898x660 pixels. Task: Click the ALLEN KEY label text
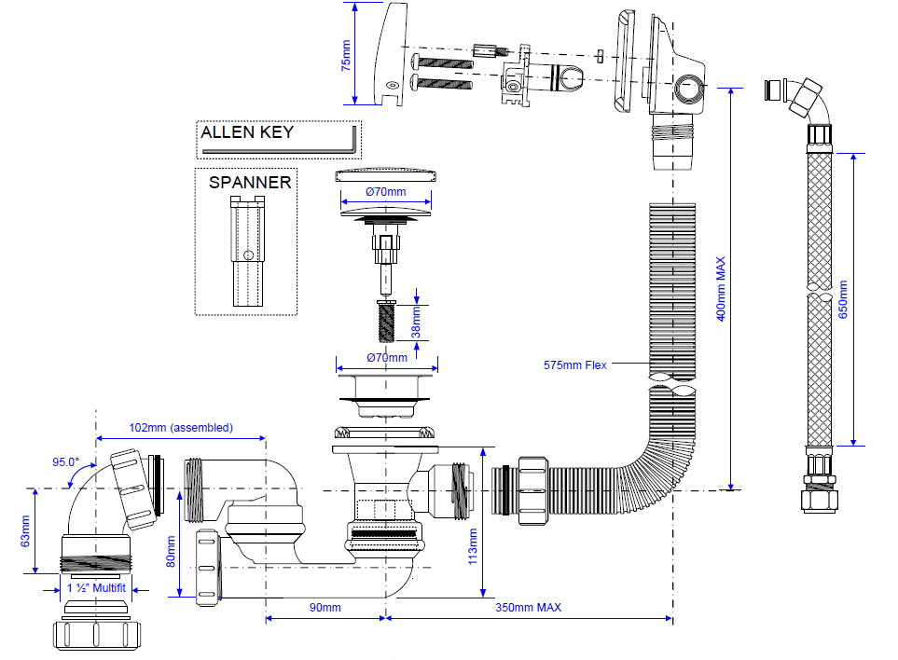247,131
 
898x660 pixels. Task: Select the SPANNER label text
250,182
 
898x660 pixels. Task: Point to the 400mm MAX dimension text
720,289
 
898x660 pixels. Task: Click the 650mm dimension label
844,300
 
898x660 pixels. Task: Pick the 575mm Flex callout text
574,364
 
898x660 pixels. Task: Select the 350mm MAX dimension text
528,608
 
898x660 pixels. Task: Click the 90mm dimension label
325,608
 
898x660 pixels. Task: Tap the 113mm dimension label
473,546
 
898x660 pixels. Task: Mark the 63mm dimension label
25,530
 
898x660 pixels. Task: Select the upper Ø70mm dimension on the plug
385,193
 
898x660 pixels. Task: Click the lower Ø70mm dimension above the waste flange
386,357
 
